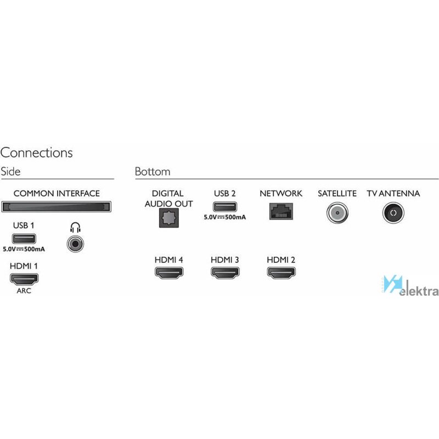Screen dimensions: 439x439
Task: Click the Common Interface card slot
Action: click(x=57, y=207)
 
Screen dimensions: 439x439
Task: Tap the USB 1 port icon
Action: click(x=24, y=239)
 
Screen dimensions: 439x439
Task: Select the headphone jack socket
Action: click(x=75, y=244)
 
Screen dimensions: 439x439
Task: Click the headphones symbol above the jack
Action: click(x=75, y=228)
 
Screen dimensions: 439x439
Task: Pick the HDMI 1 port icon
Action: click(x=24, y=279)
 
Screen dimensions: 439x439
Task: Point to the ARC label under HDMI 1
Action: click(x=24, y=291)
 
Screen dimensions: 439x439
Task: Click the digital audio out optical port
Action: click(x=169, y=218)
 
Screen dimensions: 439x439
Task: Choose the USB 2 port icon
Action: click(x=225, y=207)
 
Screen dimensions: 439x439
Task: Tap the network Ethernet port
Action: click(x=281, y=211)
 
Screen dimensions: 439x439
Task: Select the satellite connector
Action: click(x=337, y=213)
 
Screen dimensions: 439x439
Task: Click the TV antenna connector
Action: click(x=393, y=213)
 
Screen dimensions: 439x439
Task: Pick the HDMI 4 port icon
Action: click(x=169, y=273)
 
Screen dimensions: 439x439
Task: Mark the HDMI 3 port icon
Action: click(x=225, y=273)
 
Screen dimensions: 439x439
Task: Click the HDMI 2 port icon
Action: click(x=282, y=273)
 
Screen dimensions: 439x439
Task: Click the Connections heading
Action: click(x=37, y=153)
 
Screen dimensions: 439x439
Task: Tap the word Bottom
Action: click(x=153, y=171)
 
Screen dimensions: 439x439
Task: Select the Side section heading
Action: click(x=10, y=171)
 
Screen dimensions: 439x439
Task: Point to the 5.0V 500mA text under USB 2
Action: click(x=225, y=217)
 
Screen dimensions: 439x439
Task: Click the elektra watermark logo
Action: click(x=410, y=286)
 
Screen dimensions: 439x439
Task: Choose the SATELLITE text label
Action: click(x=337, y=194)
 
